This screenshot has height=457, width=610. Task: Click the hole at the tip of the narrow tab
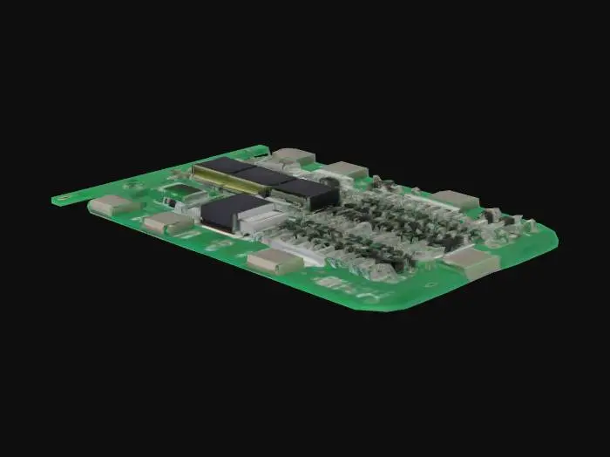[60, 200]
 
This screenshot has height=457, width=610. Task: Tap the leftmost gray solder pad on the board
[112, 206]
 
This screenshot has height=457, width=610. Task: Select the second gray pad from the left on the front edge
[168, 223]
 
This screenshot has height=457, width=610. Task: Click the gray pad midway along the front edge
[274, 261]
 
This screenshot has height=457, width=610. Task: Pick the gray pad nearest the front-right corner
[471, 263]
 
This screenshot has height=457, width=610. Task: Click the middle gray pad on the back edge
[347, 170]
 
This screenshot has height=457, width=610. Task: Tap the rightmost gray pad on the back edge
[455, 200]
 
